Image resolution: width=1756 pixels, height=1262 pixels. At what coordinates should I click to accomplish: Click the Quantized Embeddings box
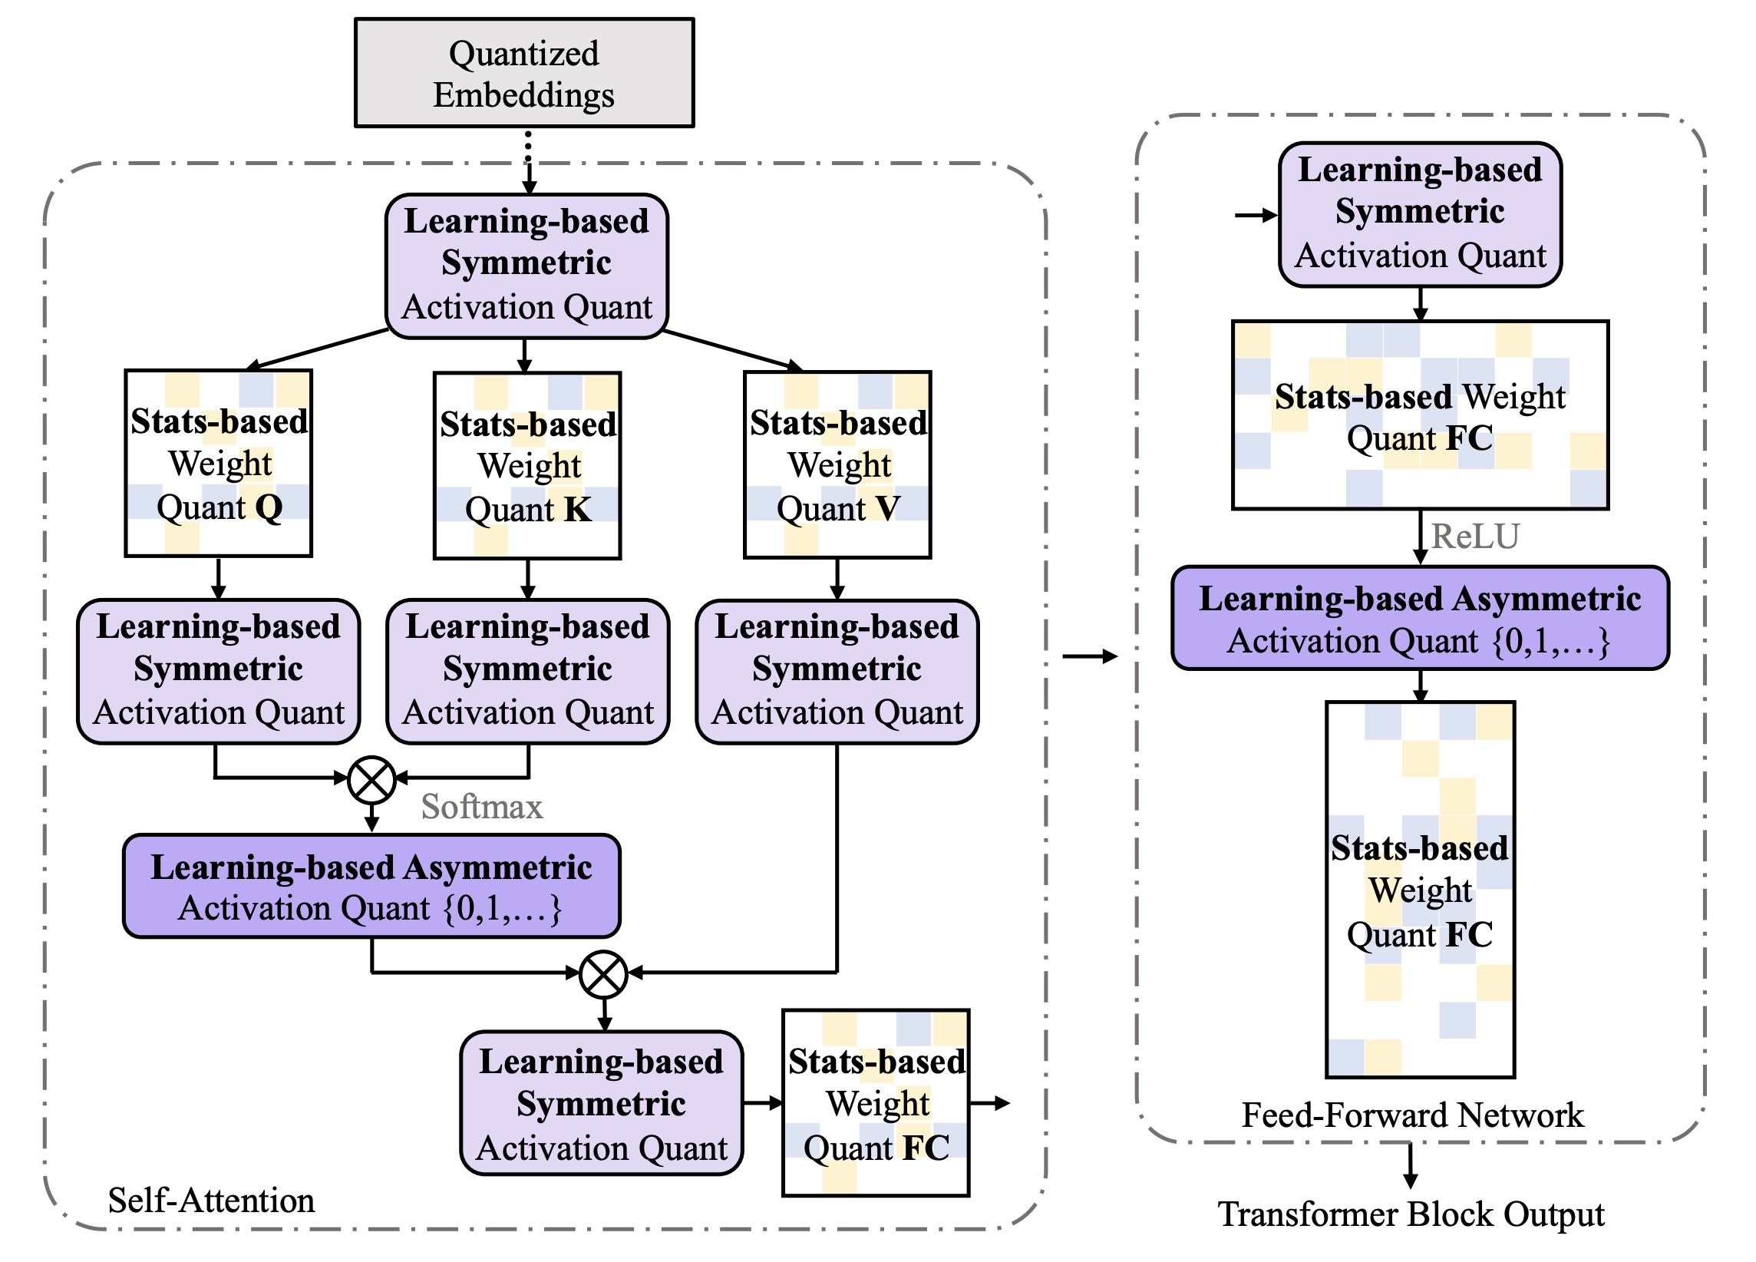click(x=524, y=73)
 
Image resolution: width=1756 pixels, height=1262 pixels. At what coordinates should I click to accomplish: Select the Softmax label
click(x=481, y=807)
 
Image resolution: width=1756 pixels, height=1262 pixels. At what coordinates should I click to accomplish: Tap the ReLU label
click(x=1475, y=536)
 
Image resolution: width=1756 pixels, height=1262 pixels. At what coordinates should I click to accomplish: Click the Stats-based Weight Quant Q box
click(x=218, y=463)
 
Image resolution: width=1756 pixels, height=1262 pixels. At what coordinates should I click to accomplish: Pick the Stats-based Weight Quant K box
click(x=527, y=465)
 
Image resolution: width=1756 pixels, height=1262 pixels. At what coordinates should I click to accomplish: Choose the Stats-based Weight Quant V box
click(x=837, y=464)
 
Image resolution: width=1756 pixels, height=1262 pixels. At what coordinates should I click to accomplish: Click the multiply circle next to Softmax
click(x=371, y=780)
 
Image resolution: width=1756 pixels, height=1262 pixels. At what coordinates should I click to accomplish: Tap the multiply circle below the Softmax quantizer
click(x=603, y=974)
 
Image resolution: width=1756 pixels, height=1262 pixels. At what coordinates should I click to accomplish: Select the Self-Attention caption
click(x=211, y=1200)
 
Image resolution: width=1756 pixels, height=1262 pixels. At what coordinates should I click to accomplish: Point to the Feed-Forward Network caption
click(x=1412, y=1115)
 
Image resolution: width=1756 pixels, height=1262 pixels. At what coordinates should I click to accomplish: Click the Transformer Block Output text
click(x=1411, y=1214)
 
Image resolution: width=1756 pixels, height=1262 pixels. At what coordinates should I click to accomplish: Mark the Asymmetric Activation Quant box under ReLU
click(x=1420, y=619)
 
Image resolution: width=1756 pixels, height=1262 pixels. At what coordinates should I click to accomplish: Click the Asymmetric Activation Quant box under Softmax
click(x=371, y=887)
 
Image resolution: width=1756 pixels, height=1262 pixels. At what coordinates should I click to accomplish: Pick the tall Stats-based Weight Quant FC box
click(x=1420, y=889)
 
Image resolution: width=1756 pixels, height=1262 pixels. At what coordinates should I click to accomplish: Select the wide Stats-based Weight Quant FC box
click(x=1420, y=415)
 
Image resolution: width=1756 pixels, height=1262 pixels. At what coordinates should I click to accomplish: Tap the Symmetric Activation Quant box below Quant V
click(x=837, y=671)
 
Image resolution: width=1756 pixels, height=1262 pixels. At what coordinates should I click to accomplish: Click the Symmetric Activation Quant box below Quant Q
click(x=218, y=671)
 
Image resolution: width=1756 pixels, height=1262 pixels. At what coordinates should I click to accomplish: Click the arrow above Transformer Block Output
click(x=1411, y=1166)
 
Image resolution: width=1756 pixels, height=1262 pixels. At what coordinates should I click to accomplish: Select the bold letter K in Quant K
click(x=578, y=509)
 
